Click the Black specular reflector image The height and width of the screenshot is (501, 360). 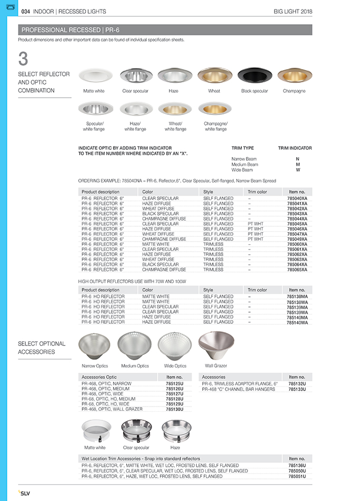tap(254, 76)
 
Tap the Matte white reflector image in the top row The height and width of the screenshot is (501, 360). tap(94, 76)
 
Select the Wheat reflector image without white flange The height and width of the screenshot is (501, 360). tap(214, 76)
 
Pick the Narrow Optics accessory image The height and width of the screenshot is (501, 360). tap(94, 345)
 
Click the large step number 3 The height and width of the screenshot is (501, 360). tap(23, 59)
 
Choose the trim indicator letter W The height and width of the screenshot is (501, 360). tap(298, 170)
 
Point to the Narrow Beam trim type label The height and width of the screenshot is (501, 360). tap(244, 159)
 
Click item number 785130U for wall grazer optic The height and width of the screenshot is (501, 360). tap(174, 409)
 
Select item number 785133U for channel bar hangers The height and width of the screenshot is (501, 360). tap(297, 389)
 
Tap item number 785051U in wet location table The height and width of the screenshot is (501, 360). tap(297, 476)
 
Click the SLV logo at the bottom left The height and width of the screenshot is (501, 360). tap(25, 492)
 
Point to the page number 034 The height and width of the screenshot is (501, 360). tap(25, 11)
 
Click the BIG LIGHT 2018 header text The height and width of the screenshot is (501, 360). tap(293, 11)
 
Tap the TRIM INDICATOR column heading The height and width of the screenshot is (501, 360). tap(295, 148)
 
